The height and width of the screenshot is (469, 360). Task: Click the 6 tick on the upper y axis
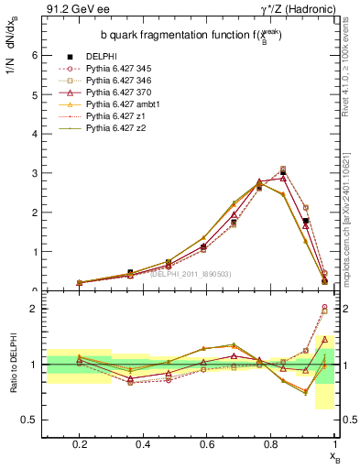34,55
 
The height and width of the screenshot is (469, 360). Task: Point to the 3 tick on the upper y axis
34,173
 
